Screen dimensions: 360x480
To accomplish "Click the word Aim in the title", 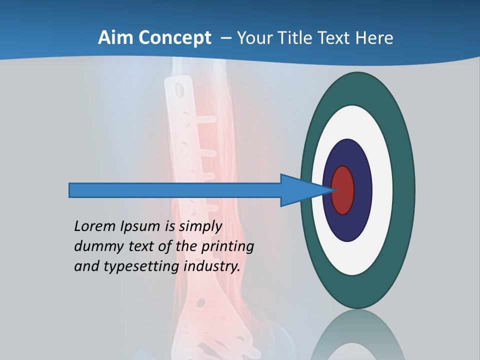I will pos(114,38).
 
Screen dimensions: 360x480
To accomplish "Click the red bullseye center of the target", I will pos(343,190).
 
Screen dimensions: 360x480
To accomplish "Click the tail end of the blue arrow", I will pos(70,190).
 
